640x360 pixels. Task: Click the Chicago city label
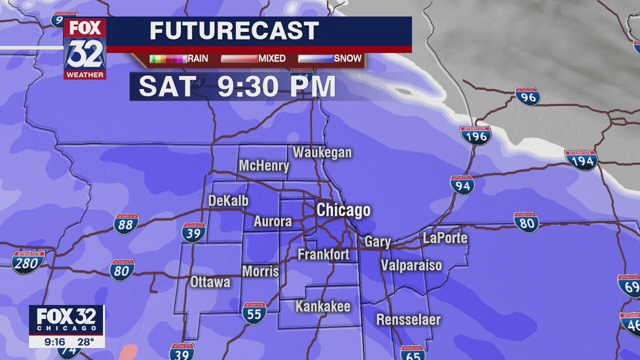click(343, 210)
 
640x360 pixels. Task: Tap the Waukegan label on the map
click(322, 152)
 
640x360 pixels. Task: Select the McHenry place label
click(264, 165)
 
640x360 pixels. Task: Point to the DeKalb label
click(228, 201)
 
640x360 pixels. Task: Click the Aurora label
click(272, 221)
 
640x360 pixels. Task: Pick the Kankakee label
click(322, 306)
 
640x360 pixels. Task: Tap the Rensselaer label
click(408, 319)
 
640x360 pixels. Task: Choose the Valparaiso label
click(411, 265)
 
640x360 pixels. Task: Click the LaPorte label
click(445, 238)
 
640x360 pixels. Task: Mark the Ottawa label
click(210, 282)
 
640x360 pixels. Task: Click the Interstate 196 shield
click(475, 134)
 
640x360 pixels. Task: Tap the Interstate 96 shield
click(527, 96)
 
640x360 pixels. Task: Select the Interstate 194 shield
click(581, 160)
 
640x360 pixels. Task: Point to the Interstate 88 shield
click(125, 224)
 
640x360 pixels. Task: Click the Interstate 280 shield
click(28, 262)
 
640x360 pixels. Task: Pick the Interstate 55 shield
click(254, 313)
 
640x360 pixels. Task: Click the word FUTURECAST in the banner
click(234, 31)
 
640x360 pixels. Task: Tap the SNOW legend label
click(347, 58)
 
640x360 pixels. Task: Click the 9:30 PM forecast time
click(276, 86)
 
